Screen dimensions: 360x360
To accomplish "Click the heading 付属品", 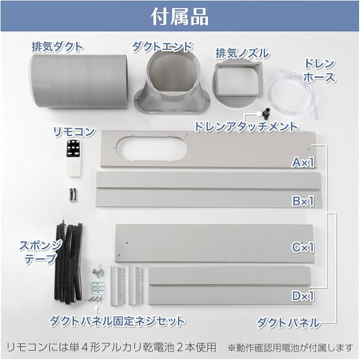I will point(180,17).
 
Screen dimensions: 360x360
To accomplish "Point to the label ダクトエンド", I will point(162,46).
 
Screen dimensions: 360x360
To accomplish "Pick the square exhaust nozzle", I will point(237,83).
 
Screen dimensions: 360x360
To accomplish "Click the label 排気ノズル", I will point(242,53).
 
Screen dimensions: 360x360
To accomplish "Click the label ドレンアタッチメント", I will point(246,126).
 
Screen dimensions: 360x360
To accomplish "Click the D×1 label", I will point(303,296).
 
